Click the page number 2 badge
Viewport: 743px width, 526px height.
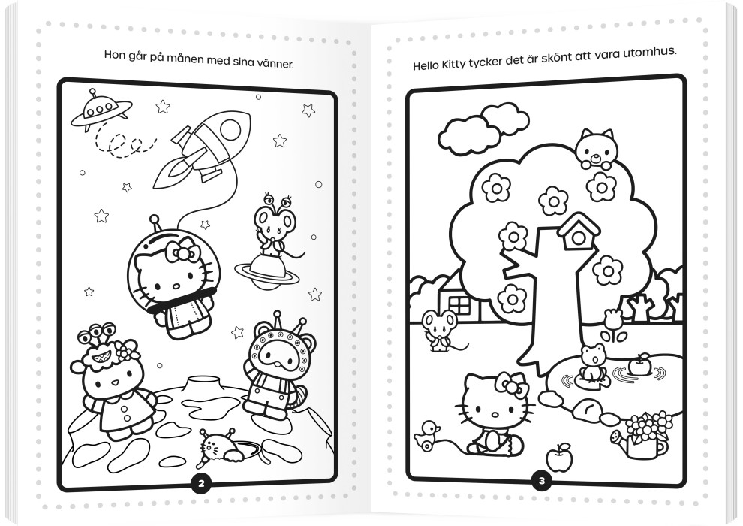201,483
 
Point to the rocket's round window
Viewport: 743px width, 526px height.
230,129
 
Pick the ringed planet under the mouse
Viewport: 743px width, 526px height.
266,271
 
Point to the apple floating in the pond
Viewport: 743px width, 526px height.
638,366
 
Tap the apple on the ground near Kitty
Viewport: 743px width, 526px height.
560,458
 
